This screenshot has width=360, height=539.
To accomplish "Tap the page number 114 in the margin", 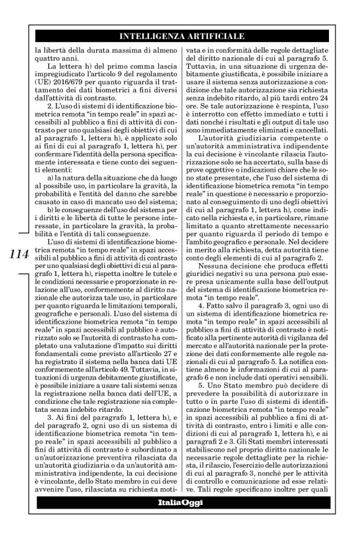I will (x=16, y=255).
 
